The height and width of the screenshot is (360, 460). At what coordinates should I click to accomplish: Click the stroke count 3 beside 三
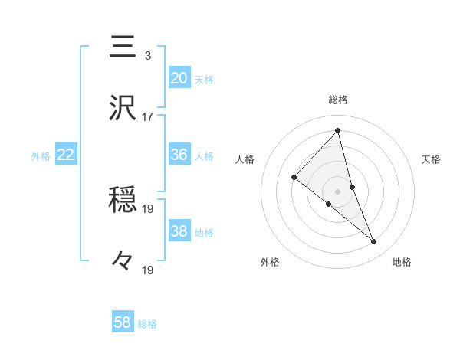point(147,56)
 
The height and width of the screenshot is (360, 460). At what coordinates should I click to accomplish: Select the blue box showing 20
point(179,78)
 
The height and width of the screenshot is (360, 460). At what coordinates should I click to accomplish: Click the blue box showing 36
point(179,155)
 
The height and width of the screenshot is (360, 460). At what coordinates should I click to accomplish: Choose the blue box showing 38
point(179,231)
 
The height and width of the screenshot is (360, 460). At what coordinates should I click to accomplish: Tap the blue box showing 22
point(66,155)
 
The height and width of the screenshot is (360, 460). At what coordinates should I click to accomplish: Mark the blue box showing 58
point(123,322)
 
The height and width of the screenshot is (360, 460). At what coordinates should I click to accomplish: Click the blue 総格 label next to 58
point(147,324)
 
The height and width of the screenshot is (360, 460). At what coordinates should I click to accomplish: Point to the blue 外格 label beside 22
point(41,155)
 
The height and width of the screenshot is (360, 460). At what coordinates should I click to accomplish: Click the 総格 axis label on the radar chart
point(338,100)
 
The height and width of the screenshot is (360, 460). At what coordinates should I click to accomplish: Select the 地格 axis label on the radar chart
point(402,262)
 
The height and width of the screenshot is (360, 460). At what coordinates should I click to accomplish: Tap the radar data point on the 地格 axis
point(374,242)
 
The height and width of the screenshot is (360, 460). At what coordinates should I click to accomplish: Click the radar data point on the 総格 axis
point(338,131)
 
